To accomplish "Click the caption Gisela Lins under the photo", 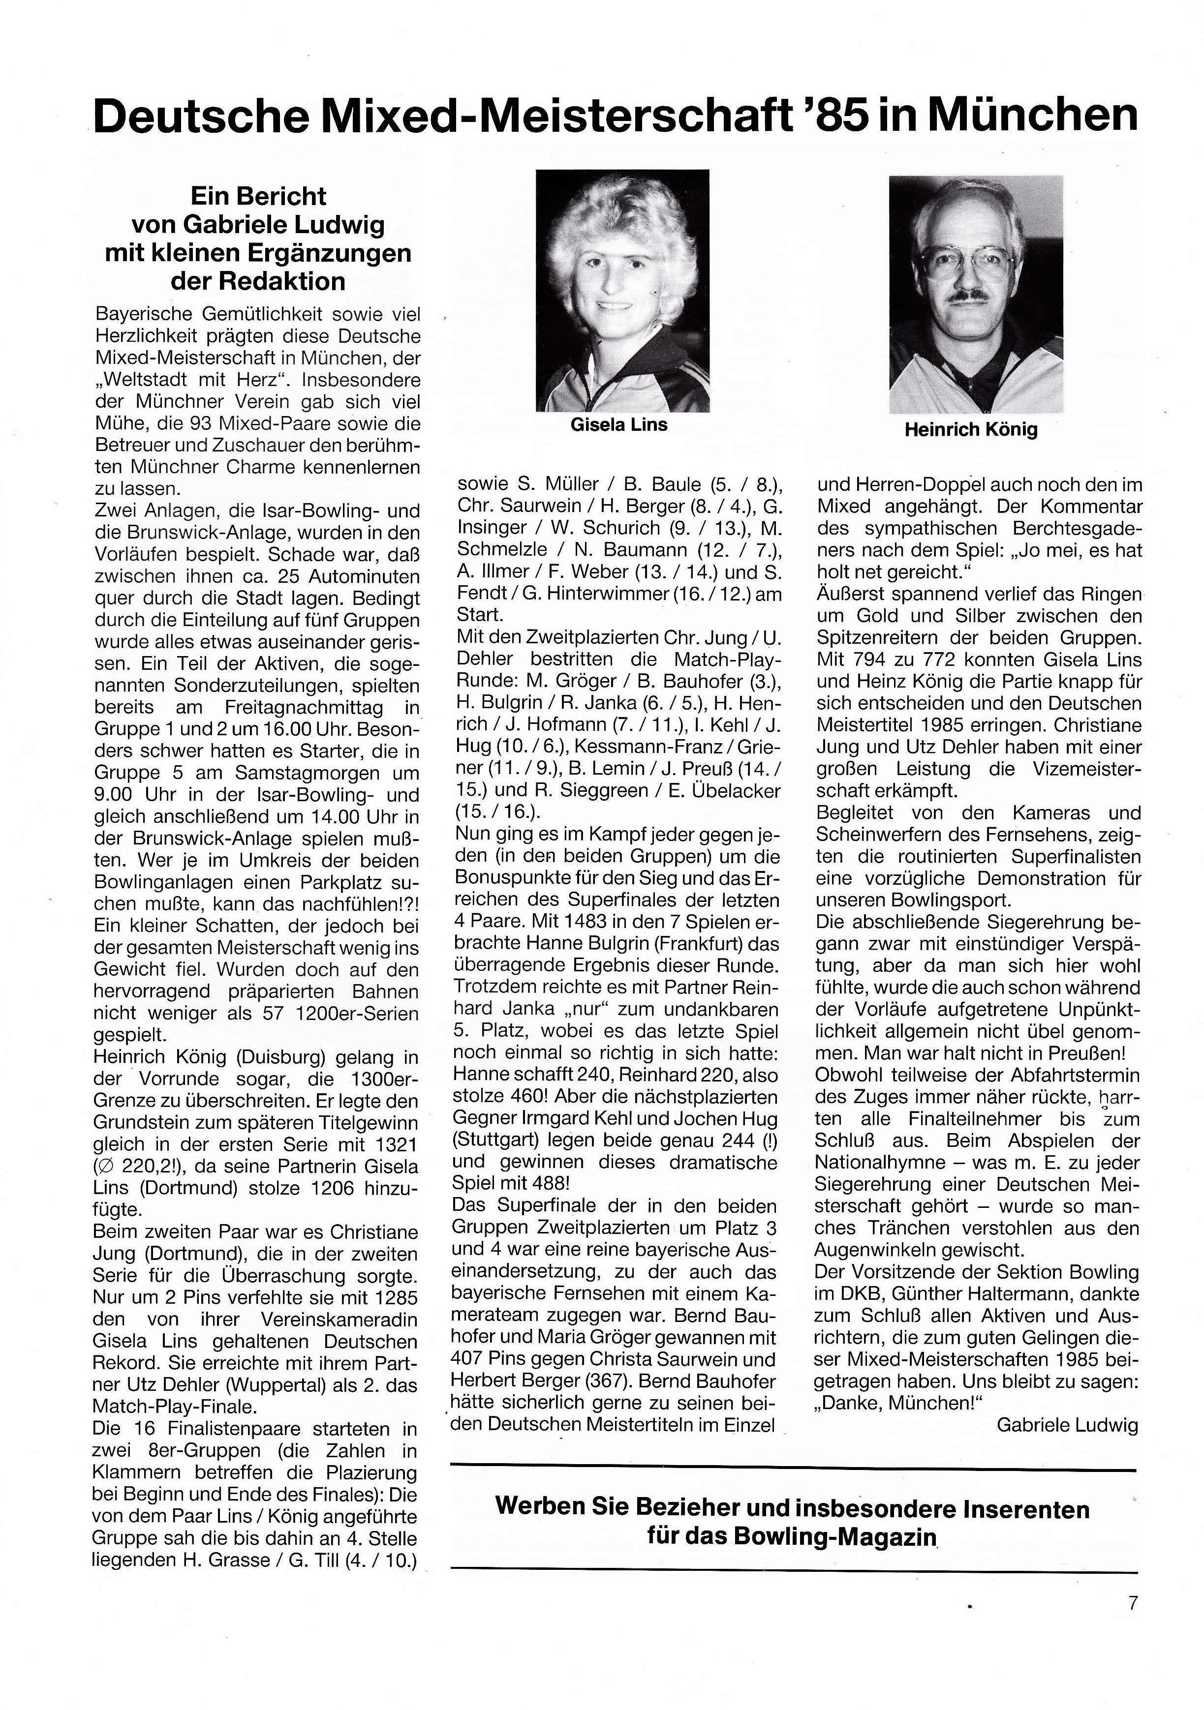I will coord(618,425).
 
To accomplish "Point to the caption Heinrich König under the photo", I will coord(971,430).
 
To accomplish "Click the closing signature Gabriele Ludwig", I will coord(1067,1426).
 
